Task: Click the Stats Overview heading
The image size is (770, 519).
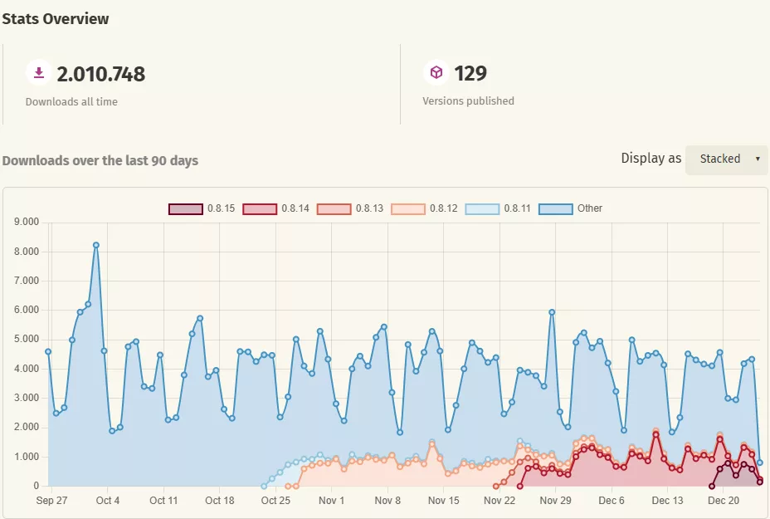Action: (x=56, y=18)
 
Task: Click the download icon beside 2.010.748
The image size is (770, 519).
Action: (x=38, y=73)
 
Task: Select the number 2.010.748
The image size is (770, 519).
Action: (x=100, y=74)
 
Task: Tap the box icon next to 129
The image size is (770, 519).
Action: (x=436, y=73)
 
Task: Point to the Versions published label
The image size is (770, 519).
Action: (x=468, y=101)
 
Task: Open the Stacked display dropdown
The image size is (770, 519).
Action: (x=726, y=159)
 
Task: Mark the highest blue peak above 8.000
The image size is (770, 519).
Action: (x=96, y=245)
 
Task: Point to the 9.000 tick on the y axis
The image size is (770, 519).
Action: (x=27, y=223)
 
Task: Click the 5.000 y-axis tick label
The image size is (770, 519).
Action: (x=27, y=340)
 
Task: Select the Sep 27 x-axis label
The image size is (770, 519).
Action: (x=51, y=501)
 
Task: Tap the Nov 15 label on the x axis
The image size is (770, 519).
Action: (x=443, y=501)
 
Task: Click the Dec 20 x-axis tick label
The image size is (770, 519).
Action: (x=723, y=501)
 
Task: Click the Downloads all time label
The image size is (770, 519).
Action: (x=71, y=102)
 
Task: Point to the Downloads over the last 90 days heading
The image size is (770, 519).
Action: (x=100, y=160)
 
